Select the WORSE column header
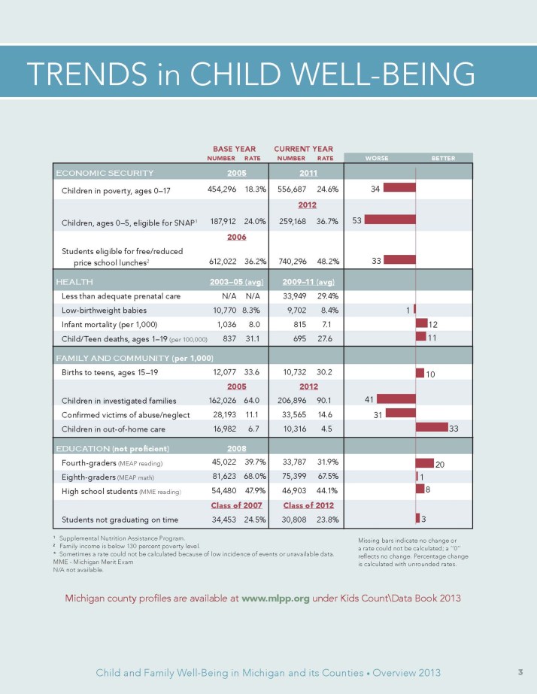point(376,159)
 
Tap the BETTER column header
point(443,159)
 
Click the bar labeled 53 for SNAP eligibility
point(390,220)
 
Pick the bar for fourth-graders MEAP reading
point(425,462)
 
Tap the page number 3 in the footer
point(520,671)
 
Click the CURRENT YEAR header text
point(303,149)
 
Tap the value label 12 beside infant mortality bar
point(433,324)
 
